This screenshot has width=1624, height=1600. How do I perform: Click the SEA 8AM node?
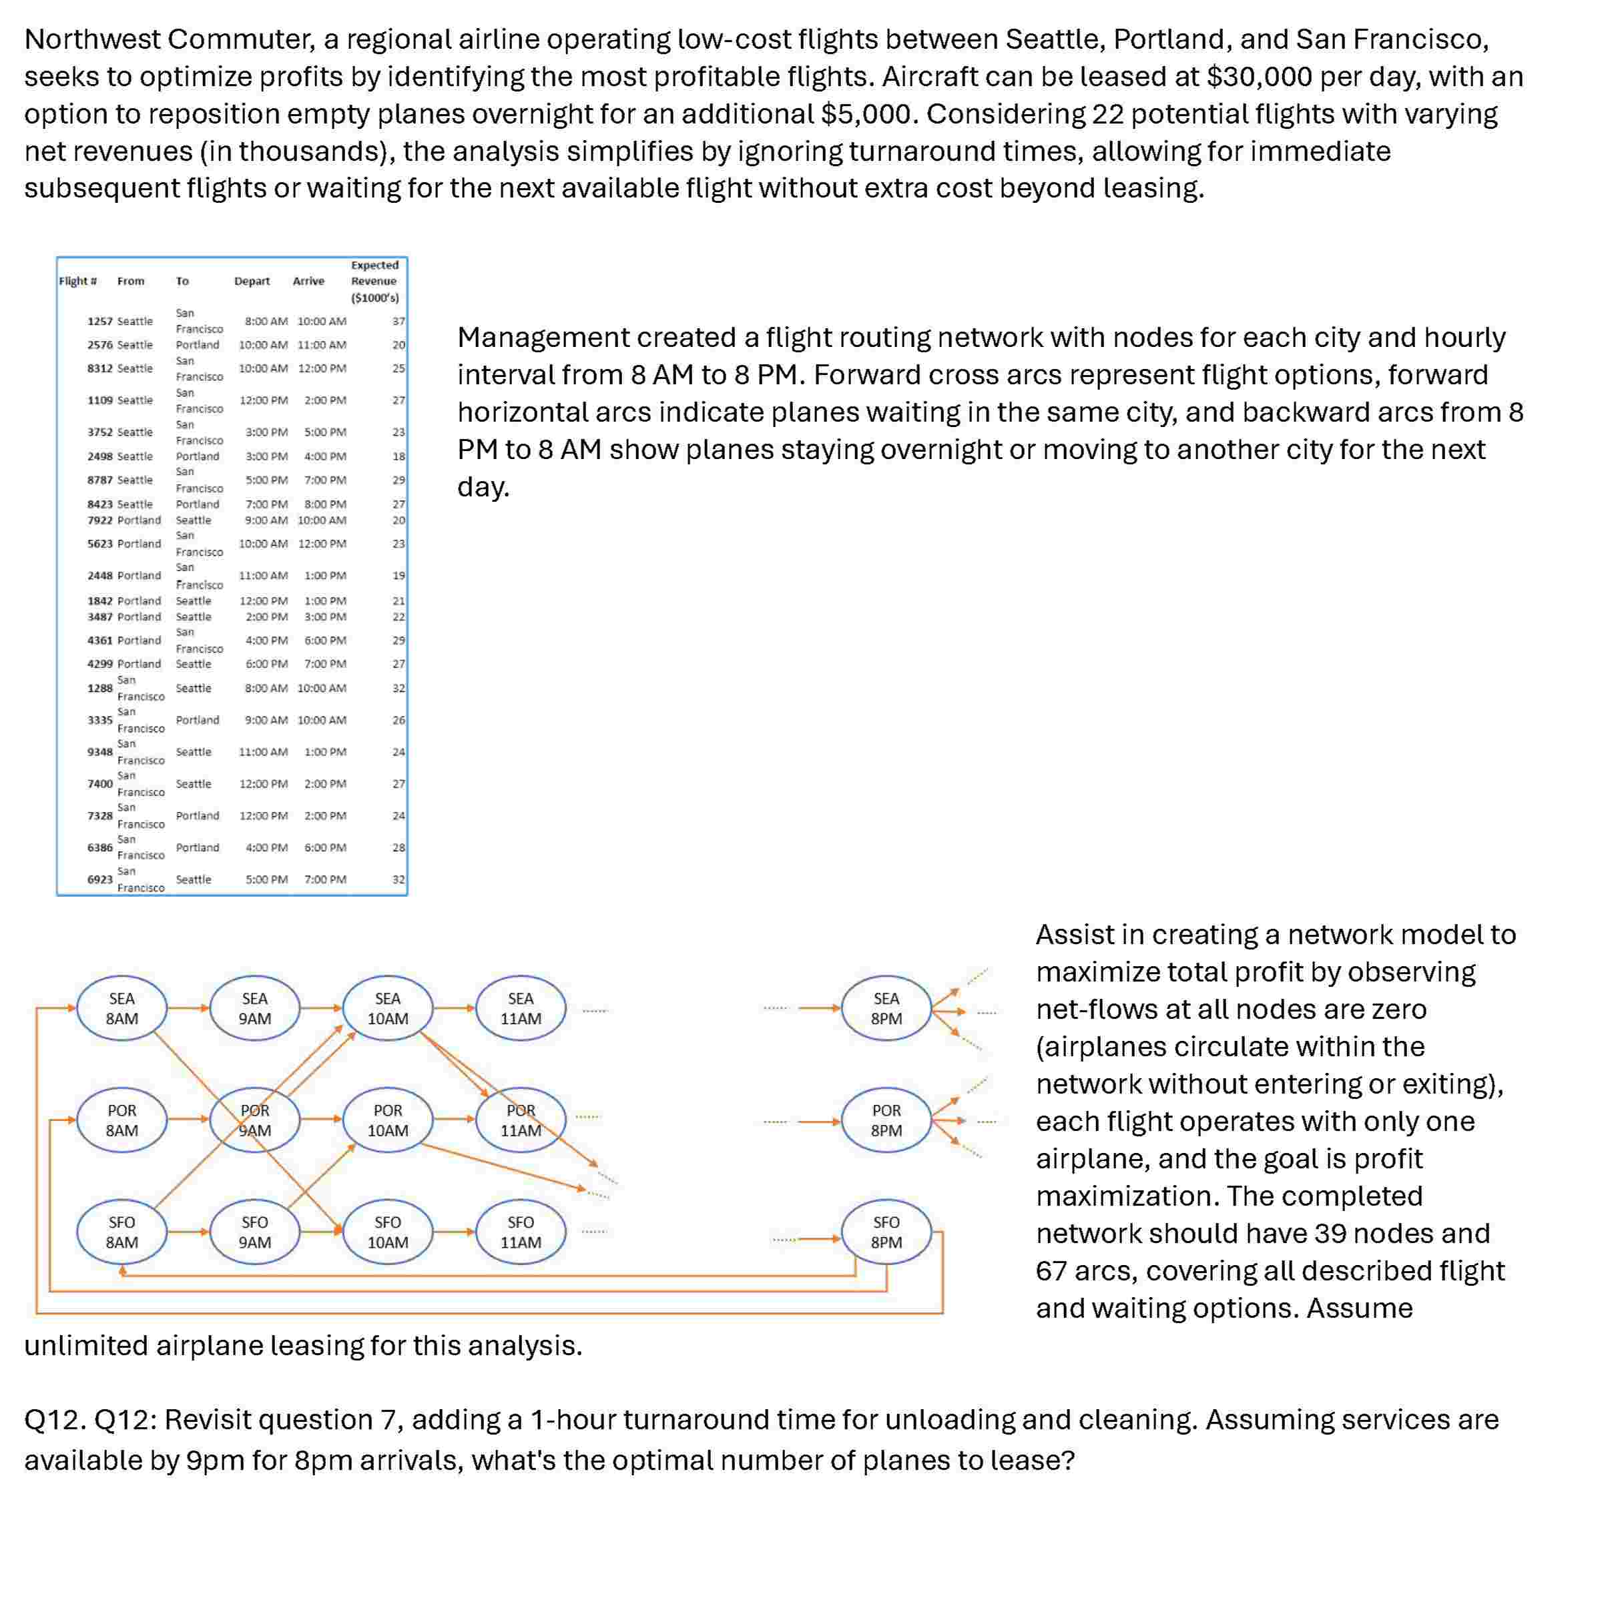tap(122, 1008)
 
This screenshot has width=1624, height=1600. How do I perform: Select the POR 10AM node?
tap(388, 1120)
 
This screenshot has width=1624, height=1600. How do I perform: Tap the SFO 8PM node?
tap(886, 1232)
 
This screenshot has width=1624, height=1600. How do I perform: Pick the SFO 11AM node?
tap(521, 1232)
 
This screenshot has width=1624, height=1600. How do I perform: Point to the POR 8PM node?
tap(886, 1120)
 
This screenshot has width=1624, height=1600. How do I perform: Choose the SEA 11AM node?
tap(521, 1008)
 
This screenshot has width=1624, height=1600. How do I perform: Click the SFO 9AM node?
tap(255, 1232)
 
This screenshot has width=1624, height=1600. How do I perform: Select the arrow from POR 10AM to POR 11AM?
tap(454, 1120)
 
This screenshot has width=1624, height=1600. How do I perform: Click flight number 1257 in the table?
tap(99, 321)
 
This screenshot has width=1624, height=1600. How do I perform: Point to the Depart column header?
tap(252, 282)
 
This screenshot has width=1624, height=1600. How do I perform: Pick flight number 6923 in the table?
tap(99, 879)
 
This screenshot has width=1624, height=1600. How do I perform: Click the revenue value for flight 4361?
tap(398, 641)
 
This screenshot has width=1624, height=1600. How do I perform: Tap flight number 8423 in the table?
tap(99, 504)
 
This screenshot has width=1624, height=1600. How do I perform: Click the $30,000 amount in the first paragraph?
tap(1259, 77)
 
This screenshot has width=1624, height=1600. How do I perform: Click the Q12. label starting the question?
tap(54, 1419)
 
